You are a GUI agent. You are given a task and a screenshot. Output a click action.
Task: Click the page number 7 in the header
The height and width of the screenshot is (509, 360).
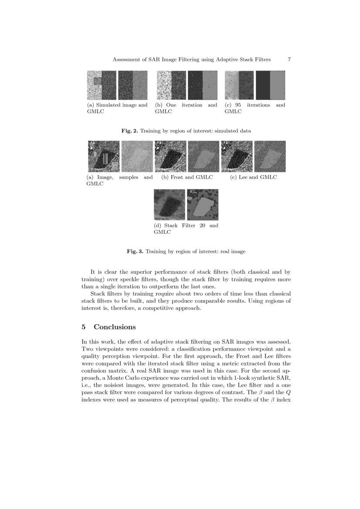tap(289, 59)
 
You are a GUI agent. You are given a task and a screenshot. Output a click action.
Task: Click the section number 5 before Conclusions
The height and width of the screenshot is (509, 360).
tap(84, 327)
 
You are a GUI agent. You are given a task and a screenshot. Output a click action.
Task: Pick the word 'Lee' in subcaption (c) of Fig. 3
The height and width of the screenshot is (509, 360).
tap(244, 177)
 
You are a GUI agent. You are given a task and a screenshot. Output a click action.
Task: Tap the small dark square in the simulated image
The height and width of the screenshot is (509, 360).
tap(98, 81)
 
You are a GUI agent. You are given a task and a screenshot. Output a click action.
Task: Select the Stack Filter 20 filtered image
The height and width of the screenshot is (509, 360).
tap(170, 205)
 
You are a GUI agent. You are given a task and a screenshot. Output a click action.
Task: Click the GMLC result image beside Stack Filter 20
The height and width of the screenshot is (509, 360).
tap(203, 205)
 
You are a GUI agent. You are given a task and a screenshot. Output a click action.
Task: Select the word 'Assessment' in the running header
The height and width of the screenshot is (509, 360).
tap(126, 59)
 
